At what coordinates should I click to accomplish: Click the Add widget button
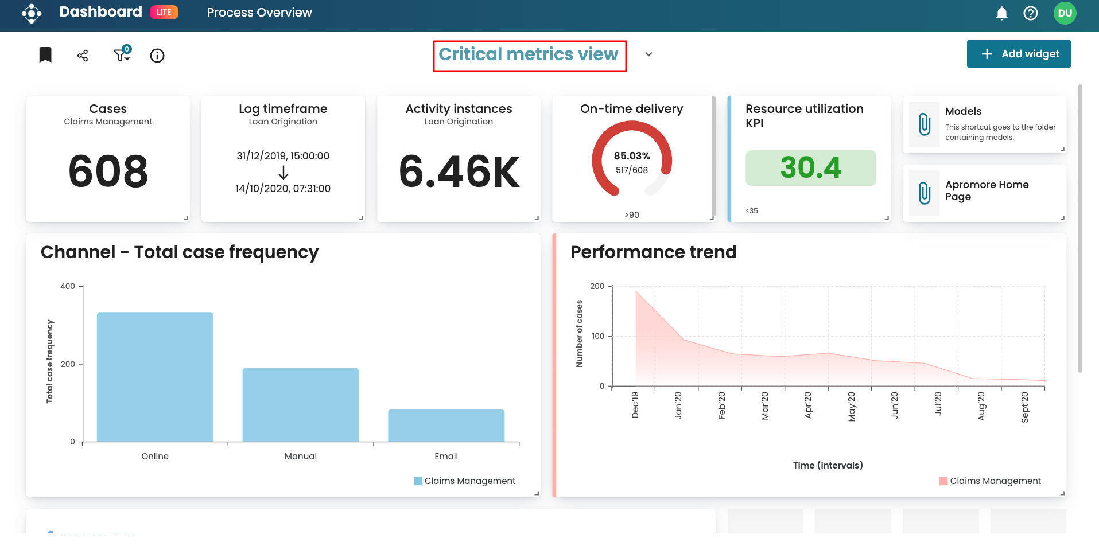pos(1019,54)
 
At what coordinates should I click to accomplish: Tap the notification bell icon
pos(1002,13)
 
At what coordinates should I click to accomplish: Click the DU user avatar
pos(1065,13)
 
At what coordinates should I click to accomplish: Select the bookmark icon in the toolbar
pos(45,55)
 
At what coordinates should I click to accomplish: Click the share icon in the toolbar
pos(83,56)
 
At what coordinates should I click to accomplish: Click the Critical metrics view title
pos(529,54)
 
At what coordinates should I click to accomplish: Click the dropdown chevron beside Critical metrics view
pos(648,54)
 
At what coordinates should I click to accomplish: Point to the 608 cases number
pos(108,171)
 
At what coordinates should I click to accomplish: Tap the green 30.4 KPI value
pos(810,168)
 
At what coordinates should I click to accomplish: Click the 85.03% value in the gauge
pos(632,156)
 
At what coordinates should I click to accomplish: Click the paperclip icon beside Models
pos(925,124)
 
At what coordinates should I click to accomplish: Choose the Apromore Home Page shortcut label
pos(987,190)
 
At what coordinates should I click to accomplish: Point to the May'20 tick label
pos(851,407)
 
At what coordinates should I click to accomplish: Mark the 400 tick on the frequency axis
pos(68,286)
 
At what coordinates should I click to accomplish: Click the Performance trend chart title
pos(653,252)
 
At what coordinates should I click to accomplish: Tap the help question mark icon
pos(1031,13)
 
